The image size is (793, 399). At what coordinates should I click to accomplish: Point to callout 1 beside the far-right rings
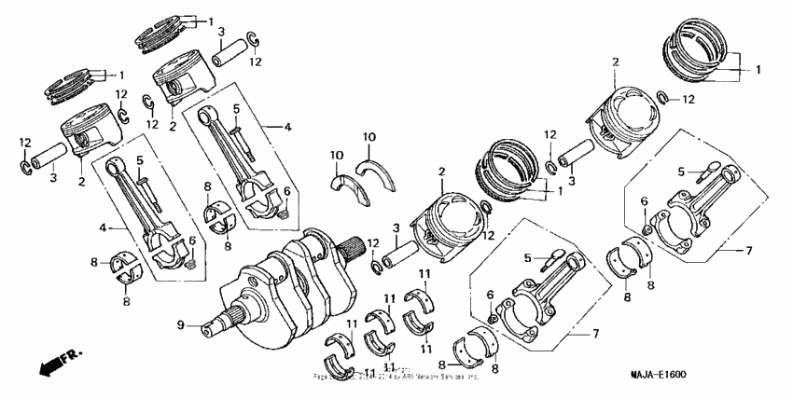point(758,69)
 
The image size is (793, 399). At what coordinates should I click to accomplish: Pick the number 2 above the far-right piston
point(615,62)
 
